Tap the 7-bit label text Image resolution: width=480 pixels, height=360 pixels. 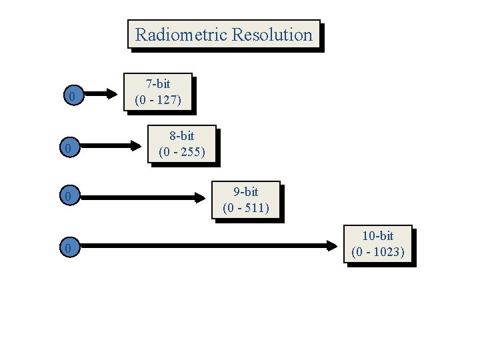158,84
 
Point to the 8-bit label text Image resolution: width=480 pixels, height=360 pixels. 182,135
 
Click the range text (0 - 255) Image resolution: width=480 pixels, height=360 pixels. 182,151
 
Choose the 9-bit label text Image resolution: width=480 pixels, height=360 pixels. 246,192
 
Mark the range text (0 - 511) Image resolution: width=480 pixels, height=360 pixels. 246,208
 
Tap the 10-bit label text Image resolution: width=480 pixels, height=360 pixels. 378,236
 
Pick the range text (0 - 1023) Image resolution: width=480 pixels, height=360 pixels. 378,252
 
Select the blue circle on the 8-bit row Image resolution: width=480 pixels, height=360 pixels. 67,147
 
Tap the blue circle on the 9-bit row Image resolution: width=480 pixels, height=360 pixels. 67,197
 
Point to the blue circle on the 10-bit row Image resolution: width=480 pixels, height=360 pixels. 67,248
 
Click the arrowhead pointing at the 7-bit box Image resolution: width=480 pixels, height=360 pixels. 110,94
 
